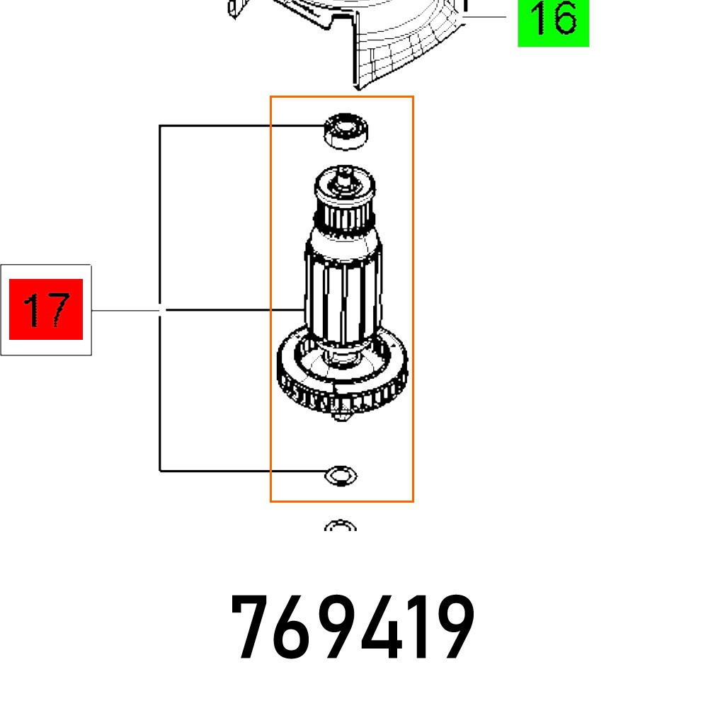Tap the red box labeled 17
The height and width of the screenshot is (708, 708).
point(46,309)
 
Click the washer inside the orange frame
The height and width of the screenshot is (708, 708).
point(341,476)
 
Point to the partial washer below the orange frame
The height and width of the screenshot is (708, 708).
point(341,527)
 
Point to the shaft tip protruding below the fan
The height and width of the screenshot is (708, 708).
point(343,418)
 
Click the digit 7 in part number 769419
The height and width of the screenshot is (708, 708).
point(255,628)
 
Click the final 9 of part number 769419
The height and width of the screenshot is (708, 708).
point(451,628)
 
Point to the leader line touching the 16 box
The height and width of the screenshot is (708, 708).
point(489,16)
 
